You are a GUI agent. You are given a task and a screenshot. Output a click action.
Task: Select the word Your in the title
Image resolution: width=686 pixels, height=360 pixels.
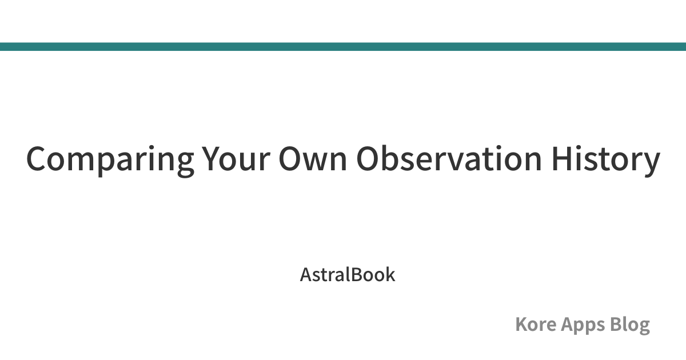(236, 159)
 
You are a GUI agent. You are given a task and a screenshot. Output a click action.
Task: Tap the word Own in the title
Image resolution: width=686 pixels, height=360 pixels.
(313, 159)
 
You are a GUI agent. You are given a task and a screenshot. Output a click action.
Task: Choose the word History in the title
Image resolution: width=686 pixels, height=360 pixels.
(606, 161)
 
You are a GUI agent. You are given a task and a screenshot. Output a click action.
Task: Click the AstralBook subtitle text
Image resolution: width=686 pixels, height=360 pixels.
(348, 274)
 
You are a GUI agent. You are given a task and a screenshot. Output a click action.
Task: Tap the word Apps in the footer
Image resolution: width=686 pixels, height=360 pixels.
(583, 325)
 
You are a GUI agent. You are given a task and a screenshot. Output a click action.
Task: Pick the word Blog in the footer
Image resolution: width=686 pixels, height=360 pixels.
(630, 325)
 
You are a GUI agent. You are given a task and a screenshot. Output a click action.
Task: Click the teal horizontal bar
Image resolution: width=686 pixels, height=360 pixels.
(343, 46)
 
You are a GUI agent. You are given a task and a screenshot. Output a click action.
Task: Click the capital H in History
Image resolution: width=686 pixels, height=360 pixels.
(563, 159)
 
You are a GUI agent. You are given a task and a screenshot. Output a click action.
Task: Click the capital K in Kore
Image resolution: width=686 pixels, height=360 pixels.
(522, 324)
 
